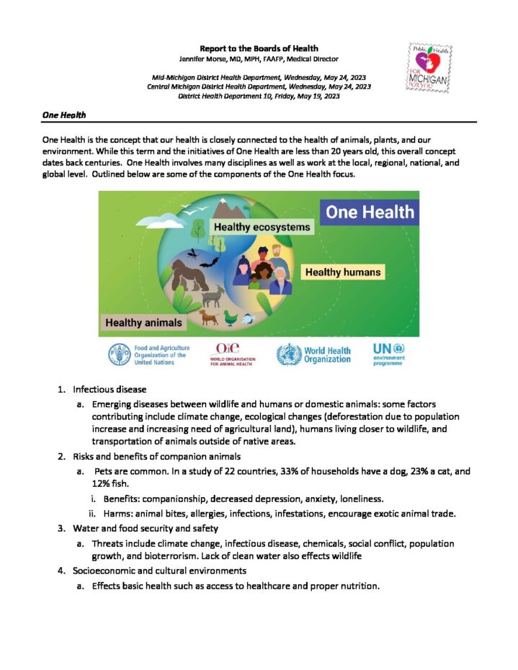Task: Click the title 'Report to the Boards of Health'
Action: tap(259, 48)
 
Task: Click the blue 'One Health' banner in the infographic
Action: tap(370, 212)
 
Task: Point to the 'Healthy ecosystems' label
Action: tap(262, 227)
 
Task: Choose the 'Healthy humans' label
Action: tap(342, 272)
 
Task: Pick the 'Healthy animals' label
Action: tap(143, 323)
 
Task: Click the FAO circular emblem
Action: tap(120, 354)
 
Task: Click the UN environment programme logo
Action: tap(389, 354)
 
